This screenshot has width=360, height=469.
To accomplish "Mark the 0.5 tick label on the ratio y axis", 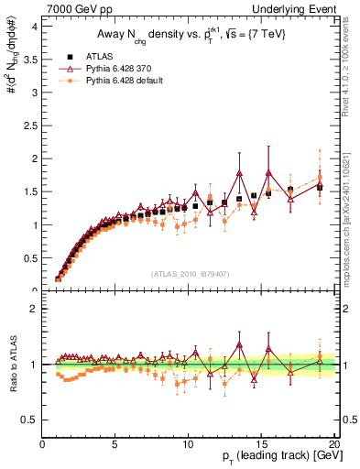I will tap(29, 420).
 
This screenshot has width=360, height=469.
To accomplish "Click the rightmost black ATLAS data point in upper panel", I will tap(320, 187).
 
